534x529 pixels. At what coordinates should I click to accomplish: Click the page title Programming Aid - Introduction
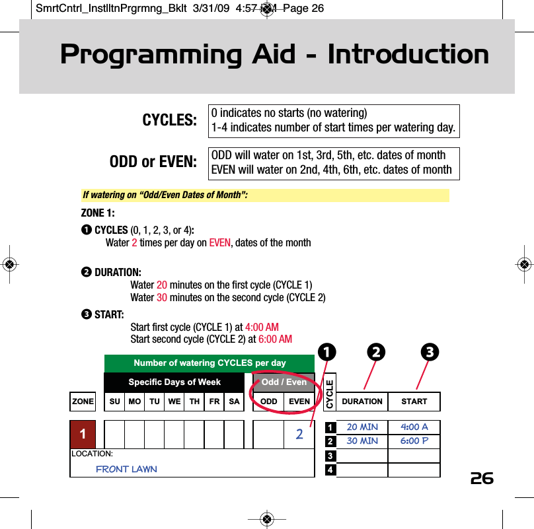coord(274,55)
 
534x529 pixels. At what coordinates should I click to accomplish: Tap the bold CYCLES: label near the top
coord(170,120)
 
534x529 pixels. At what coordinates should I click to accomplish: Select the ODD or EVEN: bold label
coord(153,162)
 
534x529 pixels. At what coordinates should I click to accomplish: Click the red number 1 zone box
coord(83,435)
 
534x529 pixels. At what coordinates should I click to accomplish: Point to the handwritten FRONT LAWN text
coord(126,469)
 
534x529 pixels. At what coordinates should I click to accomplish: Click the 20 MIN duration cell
coord(362,427)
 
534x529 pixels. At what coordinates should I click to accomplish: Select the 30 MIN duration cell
coord(362,441)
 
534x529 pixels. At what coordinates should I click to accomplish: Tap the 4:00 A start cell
coord(414,427)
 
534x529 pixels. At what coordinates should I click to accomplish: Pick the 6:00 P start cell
coord(414,441)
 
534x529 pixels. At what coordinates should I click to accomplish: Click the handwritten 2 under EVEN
coord(299,435)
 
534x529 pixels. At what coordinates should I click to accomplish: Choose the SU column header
coord(114,402)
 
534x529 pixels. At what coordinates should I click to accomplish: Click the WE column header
coord(174,402)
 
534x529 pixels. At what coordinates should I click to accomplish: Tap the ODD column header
coord(269,402)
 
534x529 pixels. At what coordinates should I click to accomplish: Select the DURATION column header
coord(362,402)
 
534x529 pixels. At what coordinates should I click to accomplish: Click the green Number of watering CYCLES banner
coord(210,363)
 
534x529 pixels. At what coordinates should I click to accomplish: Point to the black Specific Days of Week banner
coord(174,382)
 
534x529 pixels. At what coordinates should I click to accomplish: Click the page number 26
coord(482,478)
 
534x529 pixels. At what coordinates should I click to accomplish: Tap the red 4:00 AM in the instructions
coord(262,328)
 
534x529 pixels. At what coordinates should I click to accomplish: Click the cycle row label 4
coord(330,470)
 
